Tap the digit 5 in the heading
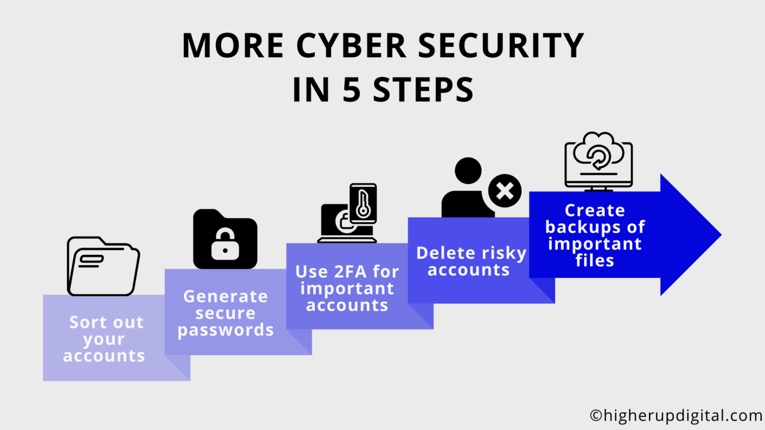point(352,89)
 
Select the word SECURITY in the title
point(501,45)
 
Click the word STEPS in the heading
point(423,89)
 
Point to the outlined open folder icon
point(103,266)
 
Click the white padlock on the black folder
point(225,244)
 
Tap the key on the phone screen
point(363,204)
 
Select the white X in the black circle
point(505,190)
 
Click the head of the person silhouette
point(468,170)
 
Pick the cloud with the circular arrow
point(598,152)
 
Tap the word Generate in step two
point(225,296)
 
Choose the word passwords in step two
point(225,330)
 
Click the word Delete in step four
point(445,253)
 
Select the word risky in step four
point(504,253)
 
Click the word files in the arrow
point(595,260)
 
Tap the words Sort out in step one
point(106,322)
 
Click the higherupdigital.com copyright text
point(676,416)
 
